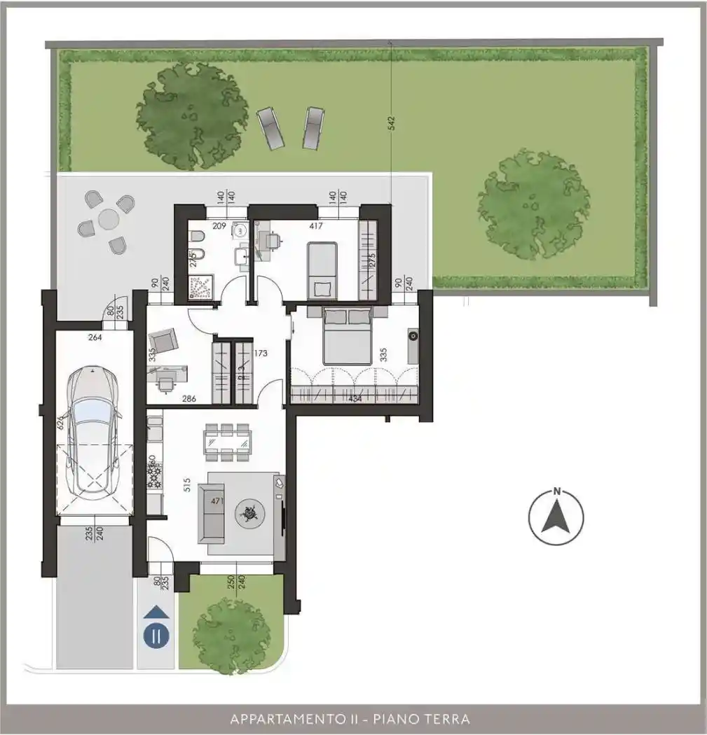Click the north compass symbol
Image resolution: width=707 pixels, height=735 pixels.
(556, 517)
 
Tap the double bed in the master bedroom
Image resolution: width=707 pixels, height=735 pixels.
(347, 337)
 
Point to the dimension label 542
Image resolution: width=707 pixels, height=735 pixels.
(392, 123)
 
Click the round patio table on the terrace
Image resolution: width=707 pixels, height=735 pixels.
(108, 220)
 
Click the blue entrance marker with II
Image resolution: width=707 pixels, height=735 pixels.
(156, 636)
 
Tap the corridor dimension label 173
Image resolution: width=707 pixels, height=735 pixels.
(261, 354)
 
